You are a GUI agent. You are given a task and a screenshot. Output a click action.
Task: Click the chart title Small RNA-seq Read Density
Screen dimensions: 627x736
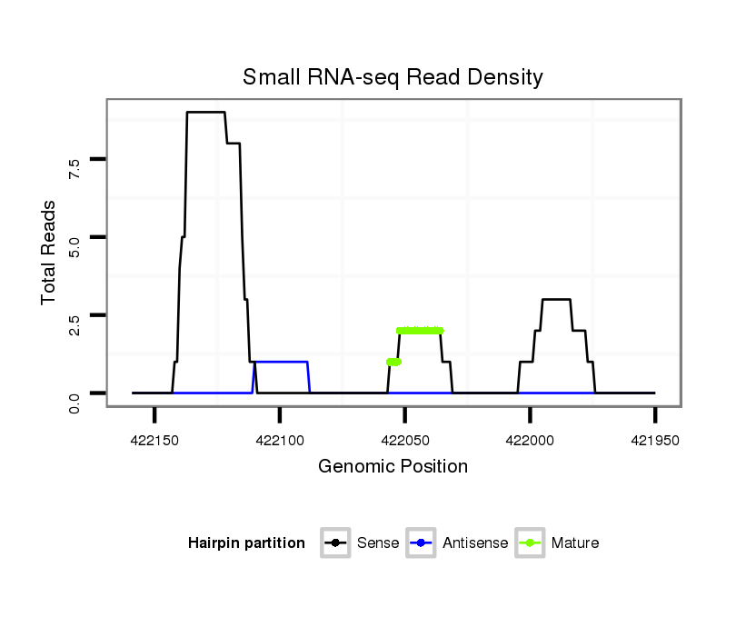[393, 77]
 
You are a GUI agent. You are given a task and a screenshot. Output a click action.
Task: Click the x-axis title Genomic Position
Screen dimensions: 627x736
[393, 467]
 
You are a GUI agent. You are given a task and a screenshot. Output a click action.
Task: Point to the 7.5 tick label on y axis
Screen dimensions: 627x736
[75, 166]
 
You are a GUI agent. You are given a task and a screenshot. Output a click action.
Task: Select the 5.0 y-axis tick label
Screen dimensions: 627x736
[75, 244]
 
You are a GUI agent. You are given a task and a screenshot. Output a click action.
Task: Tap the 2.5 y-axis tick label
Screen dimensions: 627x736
[75, 323]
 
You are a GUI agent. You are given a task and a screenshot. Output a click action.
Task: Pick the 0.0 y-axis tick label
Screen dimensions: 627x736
[75, 400]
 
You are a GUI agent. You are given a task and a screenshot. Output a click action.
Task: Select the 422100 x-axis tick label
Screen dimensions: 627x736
[280, 439]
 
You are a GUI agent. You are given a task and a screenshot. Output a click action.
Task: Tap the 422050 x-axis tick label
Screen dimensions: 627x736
[405, 439]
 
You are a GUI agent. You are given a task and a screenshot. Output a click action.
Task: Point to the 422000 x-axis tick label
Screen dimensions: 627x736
[531, 439]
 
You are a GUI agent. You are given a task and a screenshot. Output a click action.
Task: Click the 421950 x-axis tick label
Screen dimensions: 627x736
[655, 439]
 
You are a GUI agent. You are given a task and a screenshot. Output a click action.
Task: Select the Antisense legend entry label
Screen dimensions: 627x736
[475, 543]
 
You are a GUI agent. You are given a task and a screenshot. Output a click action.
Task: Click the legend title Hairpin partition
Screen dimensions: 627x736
[246, 543]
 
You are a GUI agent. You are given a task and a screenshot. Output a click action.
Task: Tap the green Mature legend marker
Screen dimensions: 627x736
[530, 543]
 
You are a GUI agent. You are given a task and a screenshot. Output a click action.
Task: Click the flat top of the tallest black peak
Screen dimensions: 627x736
[205, 113]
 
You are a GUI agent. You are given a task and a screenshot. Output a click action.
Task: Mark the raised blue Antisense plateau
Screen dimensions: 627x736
[281, 362]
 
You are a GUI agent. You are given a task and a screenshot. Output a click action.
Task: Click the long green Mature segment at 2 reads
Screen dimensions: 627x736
[420, 331]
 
